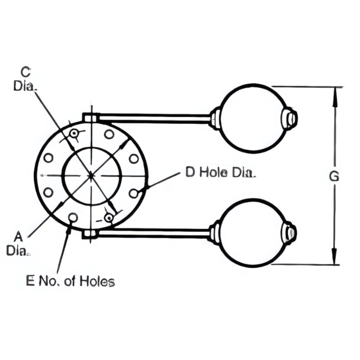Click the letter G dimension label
[x=333, y=176]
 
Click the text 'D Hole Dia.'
[x=220, y=172]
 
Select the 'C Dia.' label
[x=25, y=78]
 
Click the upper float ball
[x=253, y=118]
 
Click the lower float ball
[x=253, y=233]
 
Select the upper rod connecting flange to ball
[x=153, y=118]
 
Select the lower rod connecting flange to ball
[x=153, y=233]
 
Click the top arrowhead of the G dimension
[x=334, y=92]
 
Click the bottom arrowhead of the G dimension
[x=334, y=260]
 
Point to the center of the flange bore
[x=92, y=175]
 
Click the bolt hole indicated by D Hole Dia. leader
[x=133, y=193]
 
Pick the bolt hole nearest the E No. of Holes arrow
[x=73, y=218]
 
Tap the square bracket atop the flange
[x=90, y=117]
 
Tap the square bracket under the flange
[x=90, y=234]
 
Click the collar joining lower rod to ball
[x=216, y=233]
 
